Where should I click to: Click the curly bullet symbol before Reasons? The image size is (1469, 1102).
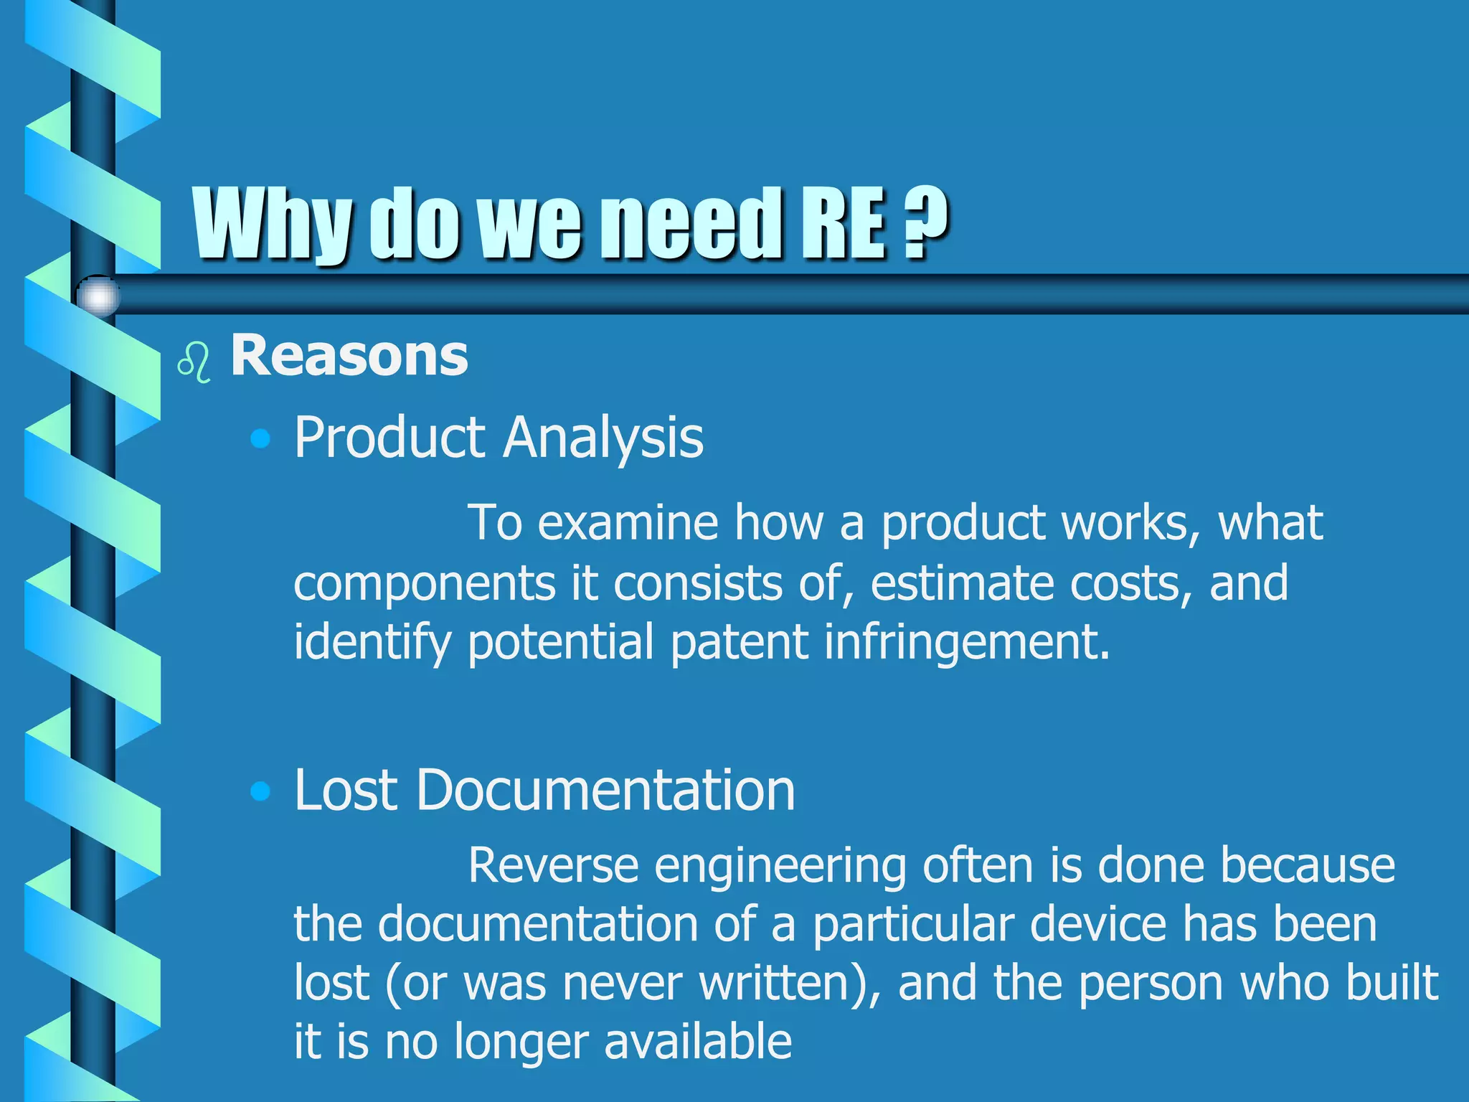194,362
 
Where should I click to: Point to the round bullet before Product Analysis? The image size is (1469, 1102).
261,438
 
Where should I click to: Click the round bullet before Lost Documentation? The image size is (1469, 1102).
261,791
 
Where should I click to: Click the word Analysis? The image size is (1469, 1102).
603,438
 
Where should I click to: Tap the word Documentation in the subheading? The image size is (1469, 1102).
605,790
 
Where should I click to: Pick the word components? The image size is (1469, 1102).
424,583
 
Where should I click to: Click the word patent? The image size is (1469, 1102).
739,641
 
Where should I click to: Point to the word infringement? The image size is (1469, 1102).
966,641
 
